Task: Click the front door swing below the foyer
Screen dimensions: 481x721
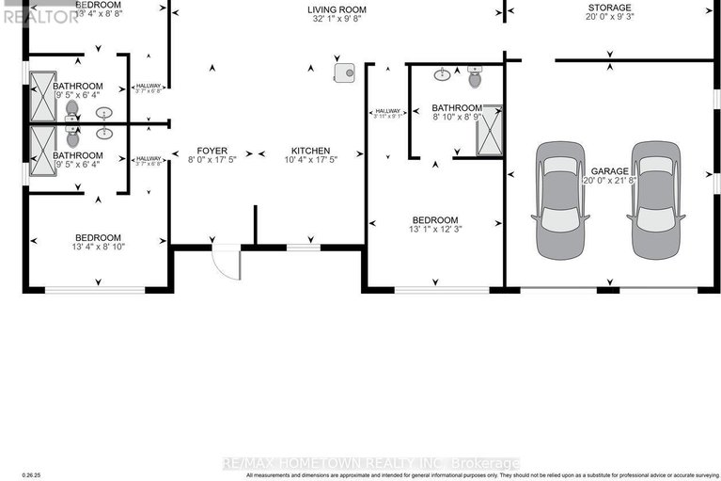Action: [226, 262]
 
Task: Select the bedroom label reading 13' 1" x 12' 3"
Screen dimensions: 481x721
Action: [434, 229]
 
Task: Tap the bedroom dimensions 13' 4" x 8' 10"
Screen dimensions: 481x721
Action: [98, 249]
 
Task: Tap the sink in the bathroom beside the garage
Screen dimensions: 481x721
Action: [441, 73]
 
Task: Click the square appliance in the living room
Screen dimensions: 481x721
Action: [344, 72]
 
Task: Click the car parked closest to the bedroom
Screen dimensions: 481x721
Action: [560, 200]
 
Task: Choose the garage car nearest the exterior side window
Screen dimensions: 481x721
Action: [655, 200]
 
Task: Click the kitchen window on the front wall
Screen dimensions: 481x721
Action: [302, 248]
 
